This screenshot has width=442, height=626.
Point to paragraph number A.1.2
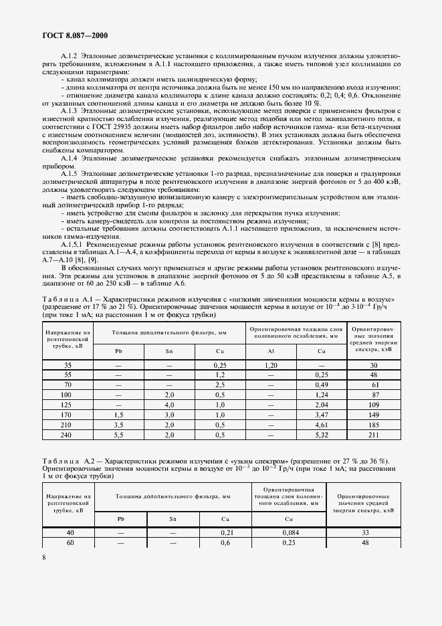click(x=70, y=56)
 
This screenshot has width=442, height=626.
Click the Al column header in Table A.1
click(x=271, y=350)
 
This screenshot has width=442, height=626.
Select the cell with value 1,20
click(x=271, y=365)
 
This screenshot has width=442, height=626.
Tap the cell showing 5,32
click(x=321, y=435)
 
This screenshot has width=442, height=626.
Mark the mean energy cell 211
click(x=374, y=435)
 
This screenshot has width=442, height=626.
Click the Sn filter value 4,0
click(x=169, y=405)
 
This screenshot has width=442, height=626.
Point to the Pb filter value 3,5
click(x=118, y=425)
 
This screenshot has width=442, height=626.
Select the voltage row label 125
click(x=68, y=405)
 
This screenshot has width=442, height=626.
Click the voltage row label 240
click(x=68, y=435)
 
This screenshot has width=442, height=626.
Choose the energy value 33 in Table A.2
click(x=365, y=532)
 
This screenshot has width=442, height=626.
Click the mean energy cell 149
click(x=374, y=415)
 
